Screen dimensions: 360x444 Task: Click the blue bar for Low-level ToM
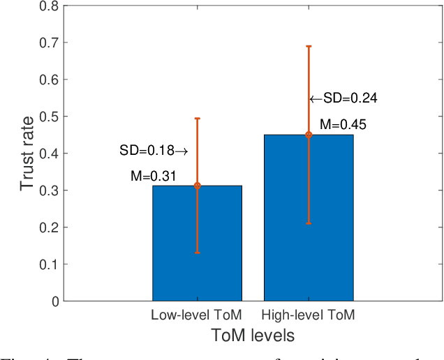pos(197,243)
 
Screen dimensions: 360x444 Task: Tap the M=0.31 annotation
pos(154,176)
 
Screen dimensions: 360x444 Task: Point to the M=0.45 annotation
pos(343,126)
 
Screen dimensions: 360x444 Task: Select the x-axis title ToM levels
pos(253,336)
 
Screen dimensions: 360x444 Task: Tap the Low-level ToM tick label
pos(197,315)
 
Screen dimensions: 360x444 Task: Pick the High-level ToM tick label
pos(309,315)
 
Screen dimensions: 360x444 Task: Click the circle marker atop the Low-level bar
pos(197,186)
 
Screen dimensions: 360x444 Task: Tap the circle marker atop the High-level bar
pos(309,135)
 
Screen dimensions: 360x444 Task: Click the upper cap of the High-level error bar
pos(309,46)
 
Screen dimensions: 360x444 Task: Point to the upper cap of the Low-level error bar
pos(197,119)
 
